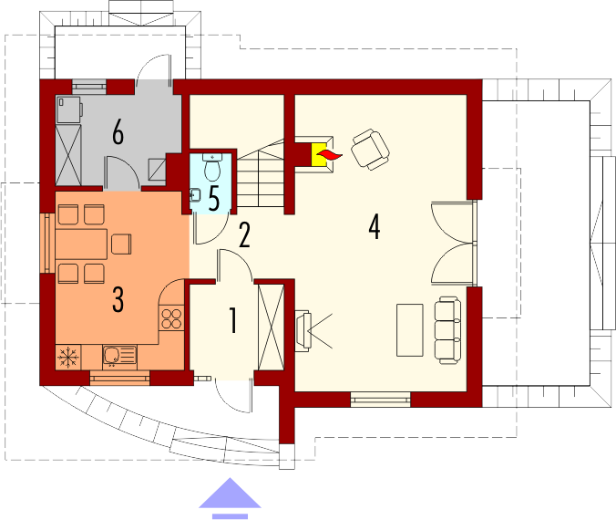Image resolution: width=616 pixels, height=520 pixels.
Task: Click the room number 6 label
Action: point(118,132)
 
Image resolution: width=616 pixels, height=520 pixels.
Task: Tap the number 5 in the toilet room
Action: point(214,199)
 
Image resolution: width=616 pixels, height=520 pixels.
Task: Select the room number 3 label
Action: point(118,299)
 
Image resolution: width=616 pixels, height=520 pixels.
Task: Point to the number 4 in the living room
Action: point(375,226)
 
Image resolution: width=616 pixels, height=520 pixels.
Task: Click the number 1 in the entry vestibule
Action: point(233,320)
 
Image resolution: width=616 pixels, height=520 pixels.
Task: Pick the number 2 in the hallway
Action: point(244,234)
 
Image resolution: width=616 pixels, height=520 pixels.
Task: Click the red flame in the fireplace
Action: point(329,155)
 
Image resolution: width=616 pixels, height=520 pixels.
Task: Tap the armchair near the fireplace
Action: point(371,150)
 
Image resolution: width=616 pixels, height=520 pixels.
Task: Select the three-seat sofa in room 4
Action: point(447,330)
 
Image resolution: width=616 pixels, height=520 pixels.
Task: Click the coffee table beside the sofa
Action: point(410,330)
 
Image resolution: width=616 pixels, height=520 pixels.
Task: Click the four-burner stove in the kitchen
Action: point(171,318)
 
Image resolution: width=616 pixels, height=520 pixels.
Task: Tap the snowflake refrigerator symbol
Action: point(68,357)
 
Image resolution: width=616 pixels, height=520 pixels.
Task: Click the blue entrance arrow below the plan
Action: point(230,498)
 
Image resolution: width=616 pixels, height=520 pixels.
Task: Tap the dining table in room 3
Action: point(81,244)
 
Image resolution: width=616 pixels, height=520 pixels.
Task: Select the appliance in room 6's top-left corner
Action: point(69,109)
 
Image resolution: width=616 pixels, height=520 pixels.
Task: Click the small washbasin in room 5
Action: point(195,194)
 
